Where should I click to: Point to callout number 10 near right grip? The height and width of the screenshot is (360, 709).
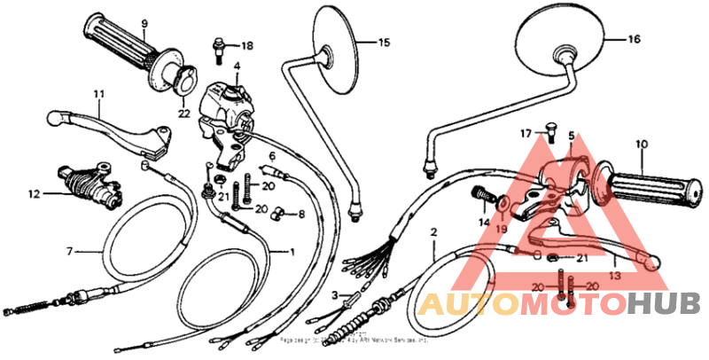[x=642, y=143]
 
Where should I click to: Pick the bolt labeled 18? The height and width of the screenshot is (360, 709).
[x=216, y=50]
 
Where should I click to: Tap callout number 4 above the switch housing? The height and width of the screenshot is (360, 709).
[x=237, y=67]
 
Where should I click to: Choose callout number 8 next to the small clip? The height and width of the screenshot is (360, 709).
[x=300, y=214]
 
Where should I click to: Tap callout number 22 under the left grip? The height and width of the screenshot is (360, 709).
[x=183, y=113]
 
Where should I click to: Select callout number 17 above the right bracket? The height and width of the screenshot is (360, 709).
[x=525, y=134]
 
